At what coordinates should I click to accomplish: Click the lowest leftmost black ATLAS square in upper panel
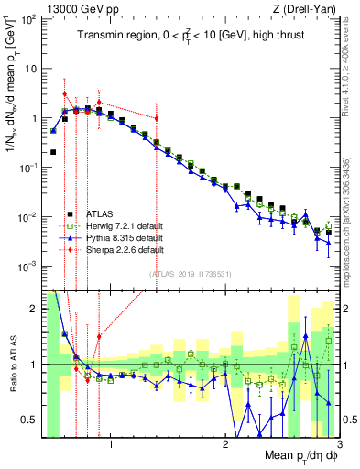pyautogui.click(x=54, y=152)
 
